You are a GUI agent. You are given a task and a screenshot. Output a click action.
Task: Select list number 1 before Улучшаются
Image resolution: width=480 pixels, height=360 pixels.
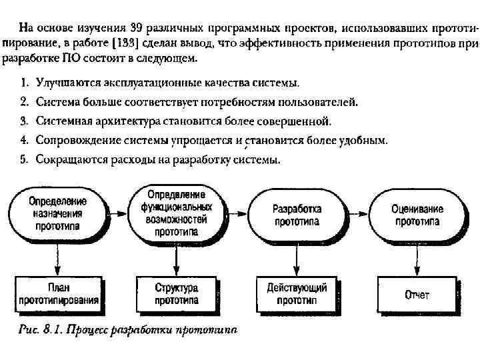pos(23,84)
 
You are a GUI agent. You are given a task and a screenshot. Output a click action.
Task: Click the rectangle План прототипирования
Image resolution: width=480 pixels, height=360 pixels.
pos(58,294)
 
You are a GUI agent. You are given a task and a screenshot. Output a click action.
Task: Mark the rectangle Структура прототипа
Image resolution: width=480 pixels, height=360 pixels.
pos(176,294)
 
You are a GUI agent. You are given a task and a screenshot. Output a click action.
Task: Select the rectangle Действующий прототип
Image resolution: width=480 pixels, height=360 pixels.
pos(297,294)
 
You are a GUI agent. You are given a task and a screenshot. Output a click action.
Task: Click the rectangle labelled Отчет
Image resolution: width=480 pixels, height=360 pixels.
pos(417,294)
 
